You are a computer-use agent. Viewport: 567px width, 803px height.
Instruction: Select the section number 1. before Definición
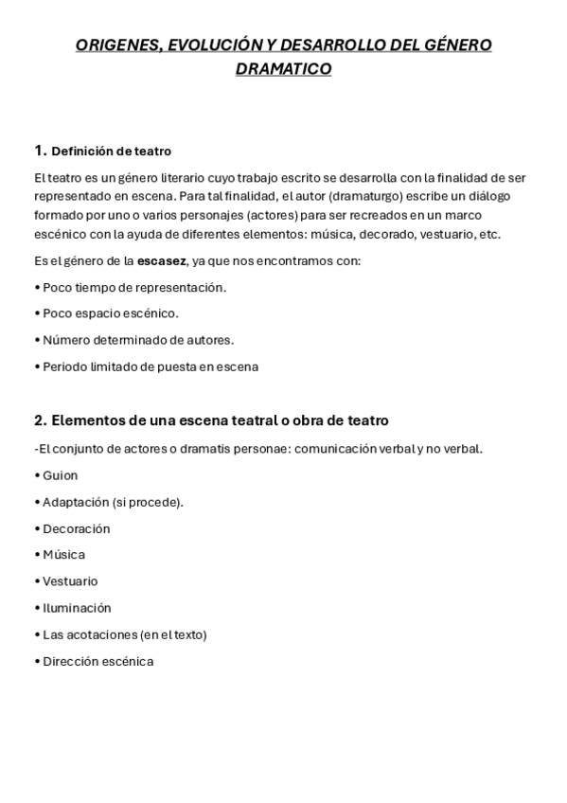[39, 150]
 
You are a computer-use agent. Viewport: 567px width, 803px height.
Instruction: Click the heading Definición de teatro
[111, 151]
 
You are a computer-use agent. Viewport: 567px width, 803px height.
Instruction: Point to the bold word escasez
[161, 260]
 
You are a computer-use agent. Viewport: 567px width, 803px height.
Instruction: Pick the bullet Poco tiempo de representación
[133, 287]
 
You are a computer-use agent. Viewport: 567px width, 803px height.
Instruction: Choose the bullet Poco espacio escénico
[108, 313]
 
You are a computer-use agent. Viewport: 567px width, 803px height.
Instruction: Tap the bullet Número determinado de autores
[136, 340]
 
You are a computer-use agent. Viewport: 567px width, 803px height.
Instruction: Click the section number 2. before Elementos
[39, 419]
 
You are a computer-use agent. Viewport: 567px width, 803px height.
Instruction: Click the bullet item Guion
[60, 475]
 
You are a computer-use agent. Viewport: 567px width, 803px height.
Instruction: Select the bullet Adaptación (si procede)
[112, 502]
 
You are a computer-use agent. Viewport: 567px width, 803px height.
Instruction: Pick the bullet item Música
[63, 555]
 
